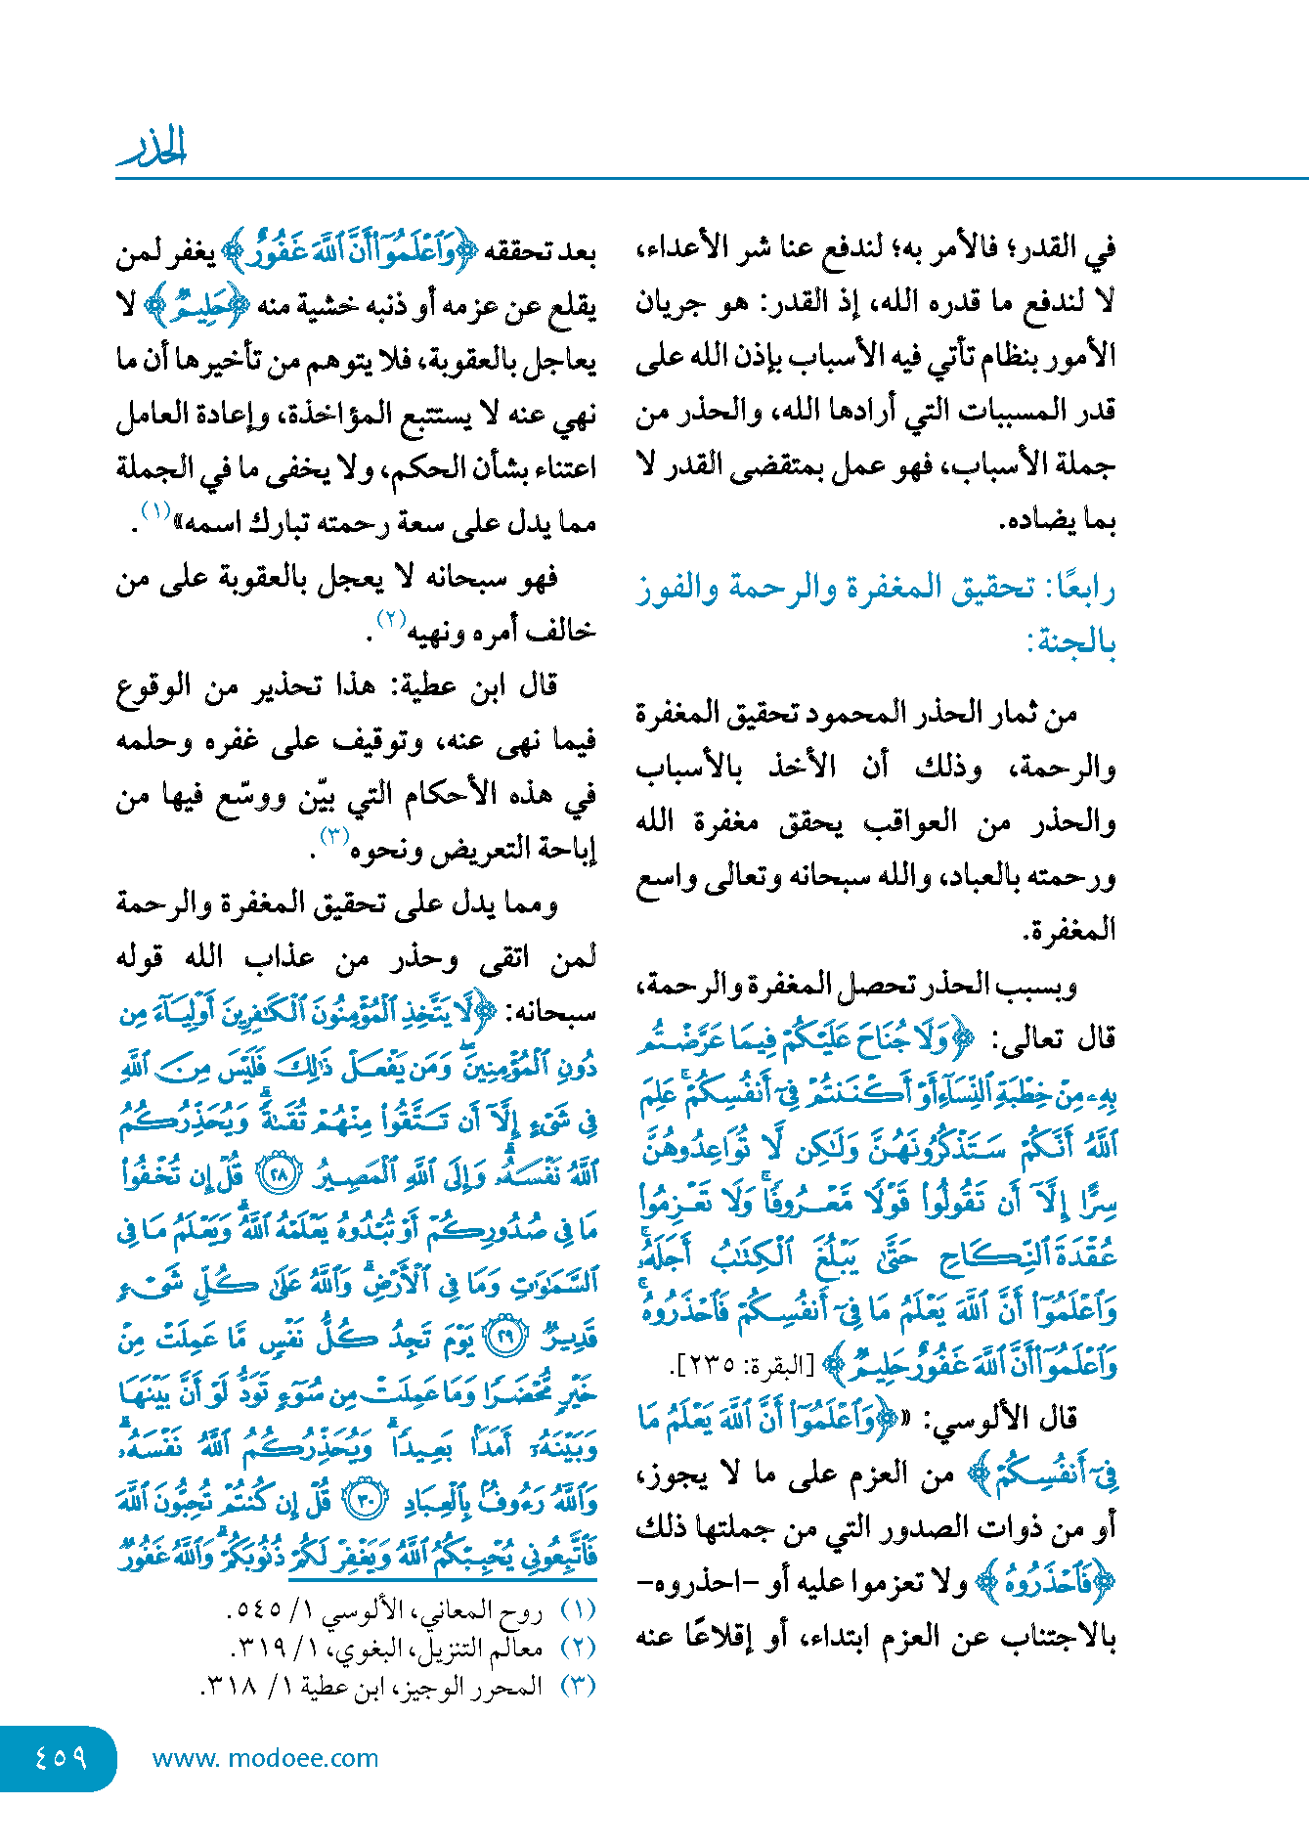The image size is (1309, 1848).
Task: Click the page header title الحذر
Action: pyautogui.click(x=152, y=147)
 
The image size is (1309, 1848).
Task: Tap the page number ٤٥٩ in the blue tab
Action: pyautogui.click(x=60, y=1757)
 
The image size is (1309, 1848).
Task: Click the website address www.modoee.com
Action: pyautogui.click(x=265, y=1758)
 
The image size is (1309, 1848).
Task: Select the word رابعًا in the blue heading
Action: pyautogui.click(x=1080, y=590)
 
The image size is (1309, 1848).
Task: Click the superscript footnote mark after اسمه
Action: pyautogui.click(x=156, y=510)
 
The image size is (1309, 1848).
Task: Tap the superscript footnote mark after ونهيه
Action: pyautogui.click(x=391, y=619)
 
